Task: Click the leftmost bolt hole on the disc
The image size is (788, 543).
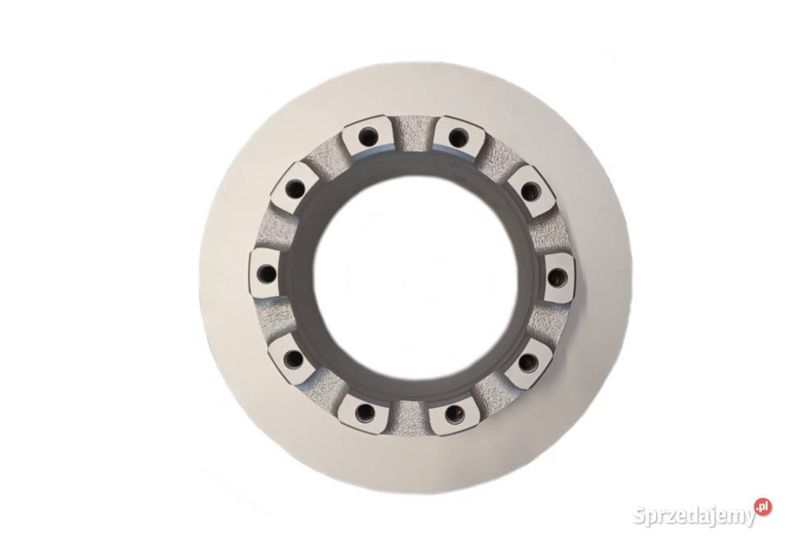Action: pyautogui.click(x=266, y=274)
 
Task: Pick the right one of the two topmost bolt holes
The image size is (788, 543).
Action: pyautogui.click(x=456, y=136)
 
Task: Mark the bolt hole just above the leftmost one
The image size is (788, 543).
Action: pyautogui.click(x=293, y=189)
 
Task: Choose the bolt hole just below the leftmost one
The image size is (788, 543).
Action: pyautogui.click(x=292, y=358)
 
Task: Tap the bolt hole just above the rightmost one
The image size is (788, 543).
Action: pyautogui.click(x=529, y=190)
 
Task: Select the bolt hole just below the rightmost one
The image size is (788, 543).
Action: pyautogui.click(x=528, y=363)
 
